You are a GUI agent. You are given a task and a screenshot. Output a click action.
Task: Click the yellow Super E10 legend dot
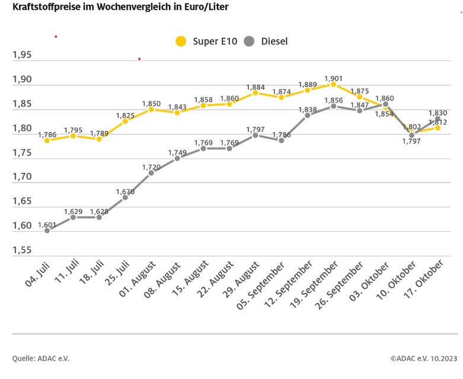coord(181,41)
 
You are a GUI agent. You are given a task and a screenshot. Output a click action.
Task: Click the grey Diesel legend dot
coord(249,41)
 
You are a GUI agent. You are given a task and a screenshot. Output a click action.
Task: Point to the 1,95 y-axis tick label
coord(23,55)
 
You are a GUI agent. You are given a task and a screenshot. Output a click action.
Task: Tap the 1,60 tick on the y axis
coord(23,226)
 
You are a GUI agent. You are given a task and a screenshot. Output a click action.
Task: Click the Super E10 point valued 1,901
coord(334,84)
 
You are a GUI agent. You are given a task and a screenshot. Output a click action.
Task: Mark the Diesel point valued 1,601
coord(47,230)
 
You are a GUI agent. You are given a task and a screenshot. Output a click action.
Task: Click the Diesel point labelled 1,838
coord(308,115)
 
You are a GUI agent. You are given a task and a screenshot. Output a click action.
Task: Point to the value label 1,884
coord(256,85)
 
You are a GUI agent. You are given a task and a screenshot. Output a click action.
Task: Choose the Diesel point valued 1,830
coord(438,119)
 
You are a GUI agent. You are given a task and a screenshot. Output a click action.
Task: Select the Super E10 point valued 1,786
coord(47,141)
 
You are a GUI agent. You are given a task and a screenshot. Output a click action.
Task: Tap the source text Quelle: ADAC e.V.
coord(36,358)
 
